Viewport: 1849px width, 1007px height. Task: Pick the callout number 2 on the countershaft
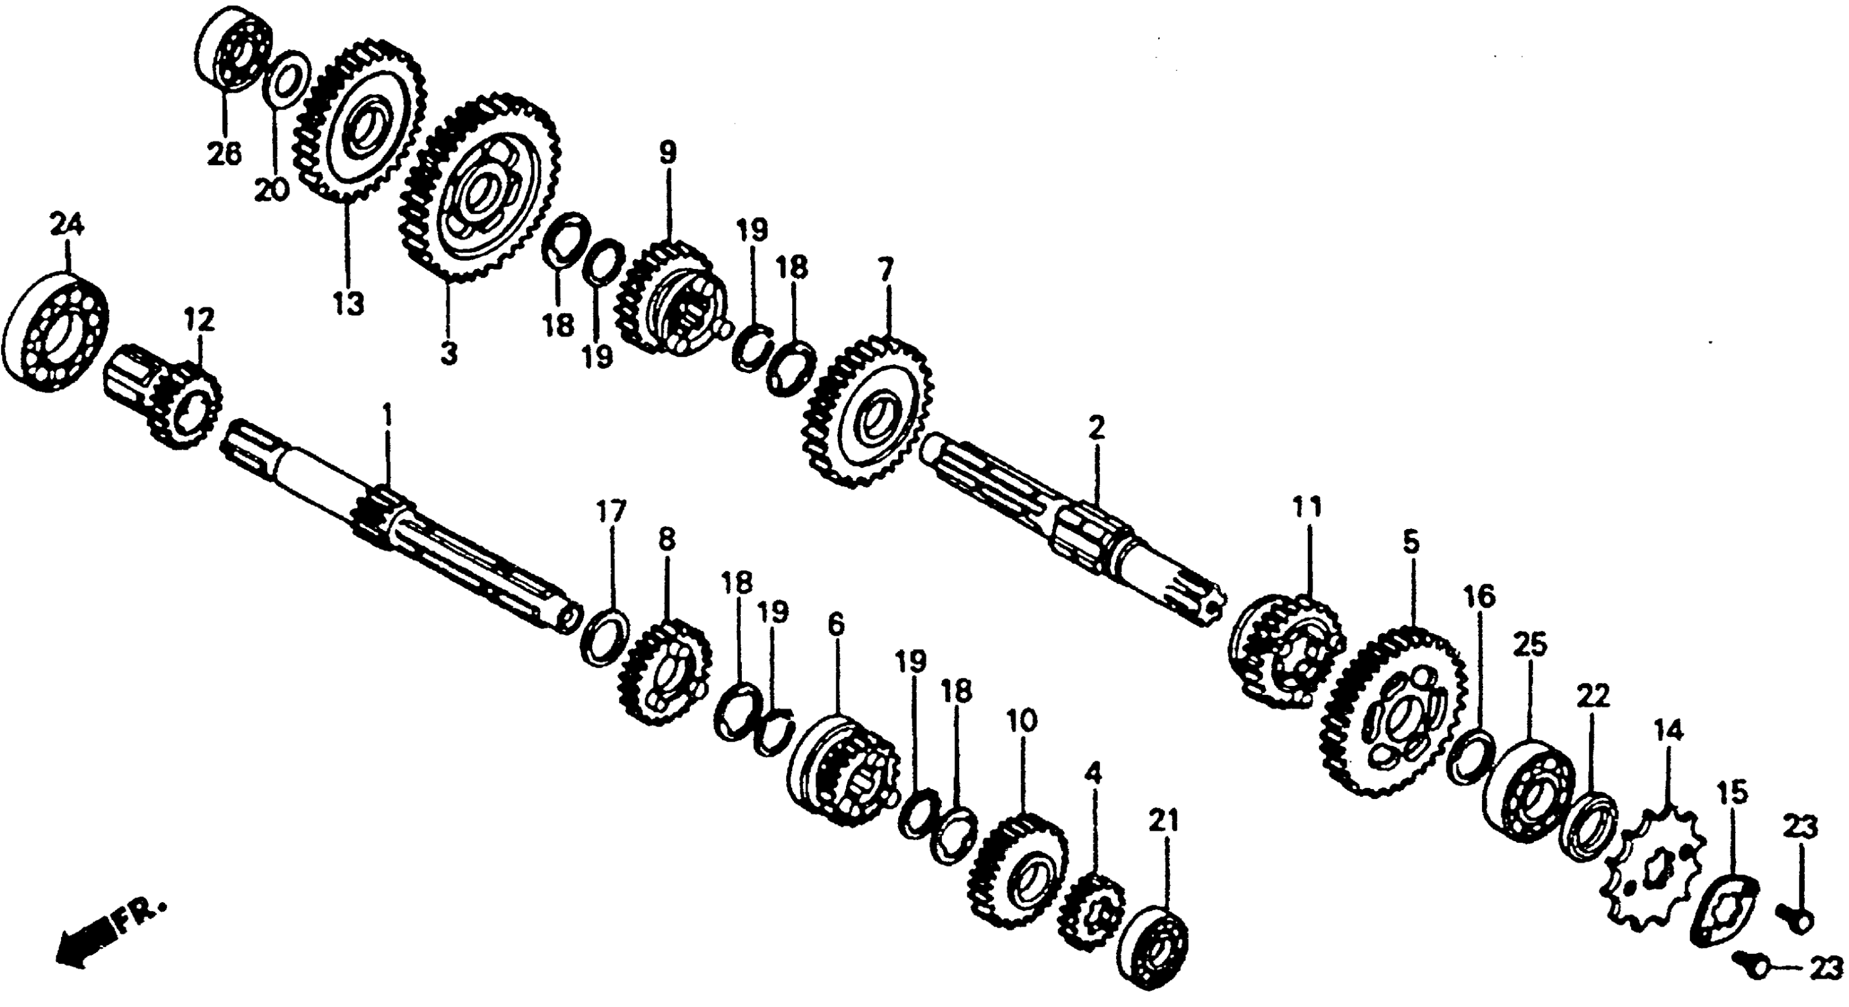1095,428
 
